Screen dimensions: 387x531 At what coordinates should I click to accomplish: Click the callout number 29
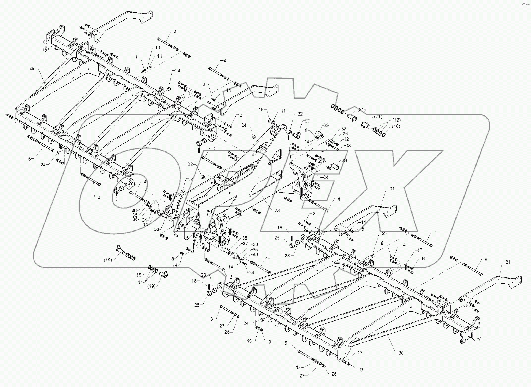coord(32,68)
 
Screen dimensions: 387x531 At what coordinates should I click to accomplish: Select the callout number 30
coord(401,353)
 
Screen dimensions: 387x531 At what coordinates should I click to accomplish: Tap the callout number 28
coord(277,210)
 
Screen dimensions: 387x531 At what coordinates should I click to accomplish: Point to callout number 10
coord(157,47)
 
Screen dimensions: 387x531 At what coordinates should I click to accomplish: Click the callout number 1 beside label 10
coord(136,57)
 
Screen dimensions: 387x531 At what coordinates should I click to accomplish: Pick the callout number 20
coord(307,121)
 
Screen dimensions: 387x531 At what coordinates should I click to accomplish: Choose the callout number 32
coord(346,139)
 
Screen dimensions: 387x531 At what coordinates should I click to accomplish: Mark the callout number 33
coord(348,146)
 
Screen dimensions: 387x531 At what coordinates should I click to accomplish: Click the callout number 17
coord(420,250)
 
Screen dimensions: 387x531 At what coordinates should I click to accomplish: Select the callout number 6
coord(423,259)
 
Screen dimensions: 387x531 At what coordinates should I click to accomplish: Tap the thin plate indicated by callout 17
coord(406,267)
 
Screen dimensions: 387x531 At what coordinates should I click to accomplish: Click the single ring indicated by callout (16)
coord(383,135)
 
